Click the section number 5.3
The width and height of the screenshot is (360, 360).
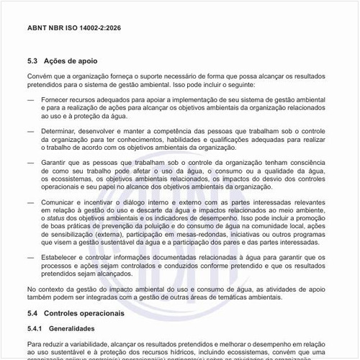click(x=33, y=61)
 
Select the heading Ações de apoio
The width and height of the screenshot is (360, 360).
click(x=72, y=61)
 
